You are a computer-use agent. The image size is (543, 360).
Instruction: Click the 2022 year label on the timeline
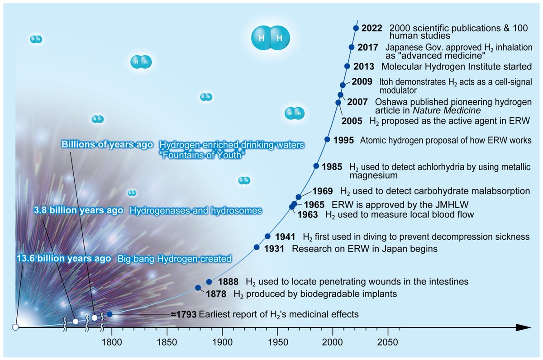(x=372, y=28)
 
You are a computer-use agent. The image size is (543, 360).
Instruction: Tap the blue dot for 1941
(x=267, y=236)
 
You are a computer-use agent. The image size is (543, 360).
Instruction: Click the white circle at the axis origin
(x=15, y=327)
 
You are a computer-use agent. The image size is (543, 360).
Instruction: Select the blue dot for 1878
(x=198, y=288)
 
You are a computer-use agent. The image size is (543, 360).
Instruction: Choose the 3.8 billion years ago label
(x=79, y=211)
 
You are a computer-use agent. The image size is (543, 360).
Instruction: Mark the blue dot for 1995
(x=327, y=139)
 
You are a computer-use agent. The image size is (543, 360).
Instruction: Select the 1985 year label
(x=333, y=166)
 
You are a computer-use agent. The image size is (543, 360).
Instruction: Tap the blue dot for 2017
(x=352, y=47)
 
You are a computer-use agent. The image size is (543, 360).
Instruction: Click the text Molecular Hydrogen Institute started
(x=456, y=66)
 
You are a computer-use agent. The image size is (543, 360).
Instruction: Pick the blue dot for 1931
(x=257, y=247)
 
